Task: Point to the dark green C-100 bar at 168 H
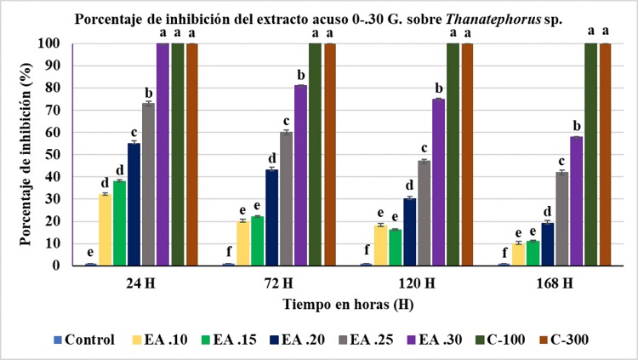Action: [590, 153]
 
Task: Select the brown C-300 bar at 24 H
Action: [192, 153]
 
